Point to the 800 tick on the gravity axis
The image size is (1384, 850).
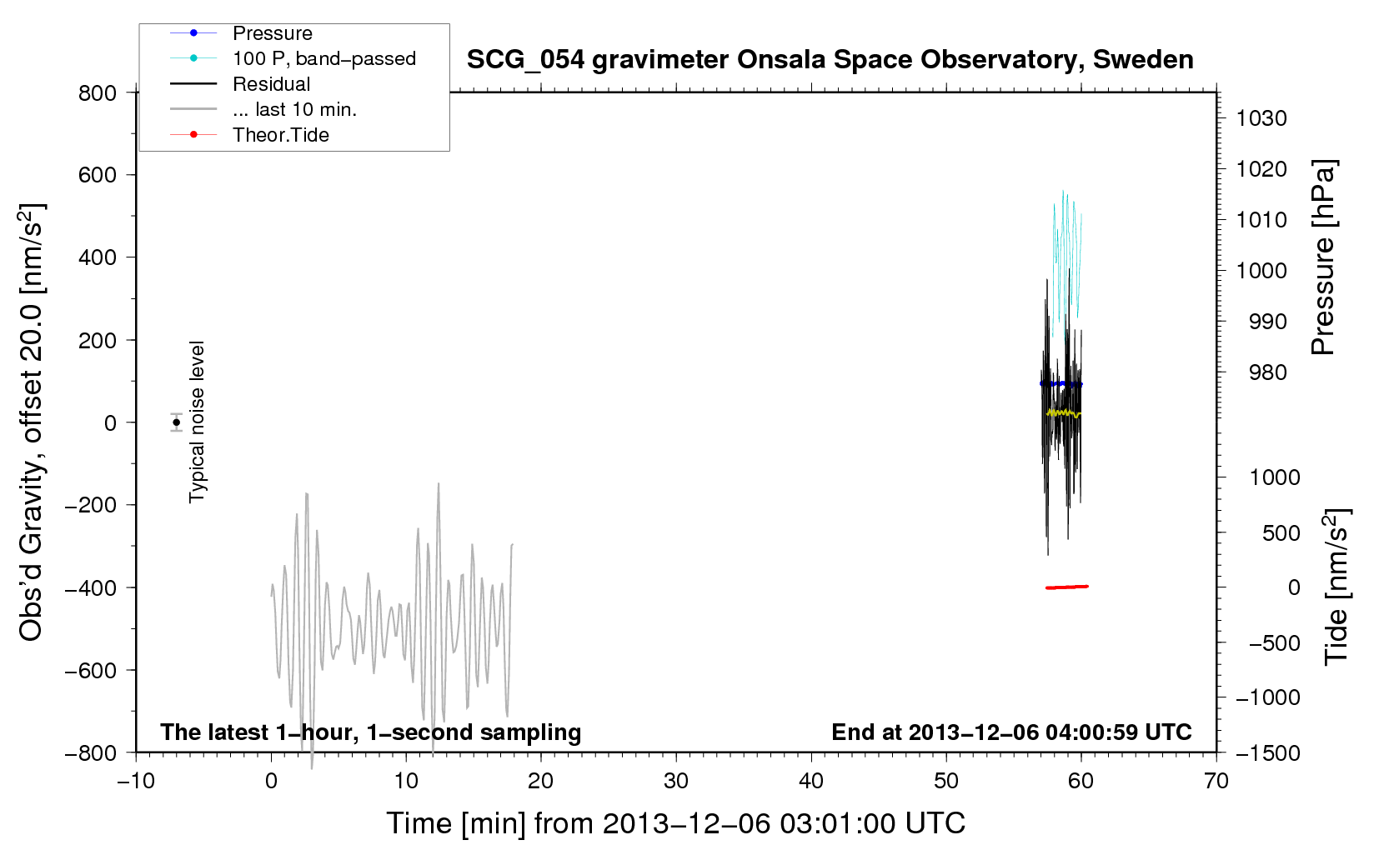(x=98, y=93)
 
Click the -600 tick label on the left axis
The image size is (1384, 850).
(x=91, y=670)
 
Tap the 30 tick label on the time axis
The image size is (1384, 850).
(x=676, y=781)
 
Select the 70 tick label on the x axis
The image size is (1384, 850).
(x=1216, y=781)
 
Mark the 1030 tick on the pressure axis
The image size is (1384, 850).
(x=1261, y=118)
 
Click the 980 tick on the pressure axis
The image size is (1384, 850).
(x=1268, y=372)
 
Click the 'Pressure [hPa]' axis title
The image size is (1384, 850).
(x=1323, y=257)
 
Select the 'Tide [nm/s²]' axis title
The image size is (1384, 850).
(x=1336, y=587)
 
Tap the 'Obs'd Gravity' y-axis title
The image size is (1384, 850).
(x=31, y=422)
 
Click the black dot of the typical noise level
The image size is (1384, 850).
(x=176, y=422)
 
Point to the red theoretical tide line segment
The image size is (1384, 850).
(x=1066, y=587)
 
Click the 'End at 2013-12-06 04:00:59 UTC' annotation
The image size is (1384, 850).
(x=1011, y=732)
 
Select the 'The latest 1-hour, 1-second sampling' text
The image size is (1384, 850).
(x=371, y=732)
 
